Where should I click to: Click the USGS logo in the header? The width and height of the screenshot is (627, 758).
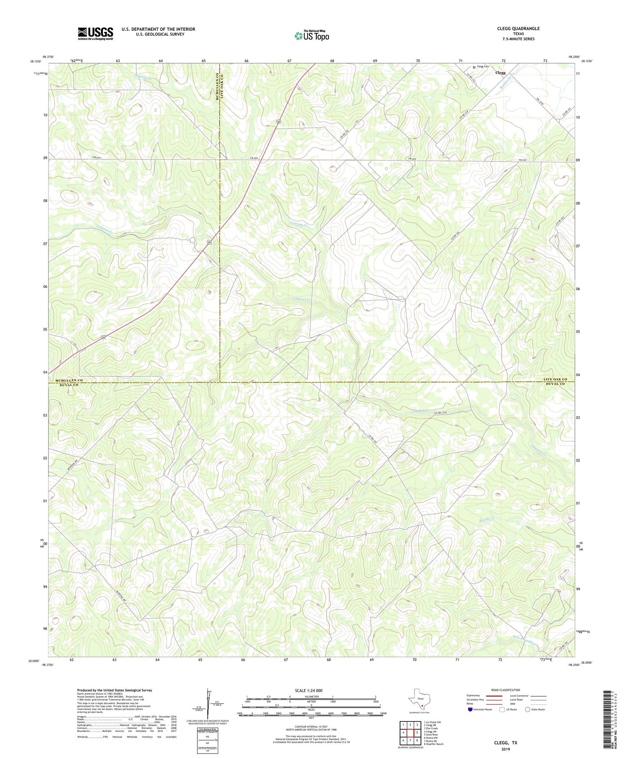(x=95, y=33)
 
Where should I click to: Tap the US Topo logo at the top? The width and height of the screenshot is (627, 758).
(x=312, y=36)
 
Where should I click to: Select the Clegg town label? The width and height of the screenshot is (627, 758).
(x=500, y=73)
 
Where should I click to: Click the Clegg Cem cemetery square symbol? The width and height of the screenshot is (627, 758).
(x=474, y=67)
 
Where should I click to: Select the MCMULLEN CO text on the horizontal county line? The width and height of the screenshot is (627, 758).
(x=66, y=380)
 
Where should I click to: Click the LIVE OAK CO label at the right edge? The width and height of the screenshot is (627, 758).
(x=555, y=380)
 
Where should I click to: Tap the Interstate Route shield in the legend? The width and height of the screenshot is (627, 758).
(x=471, y=709)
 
